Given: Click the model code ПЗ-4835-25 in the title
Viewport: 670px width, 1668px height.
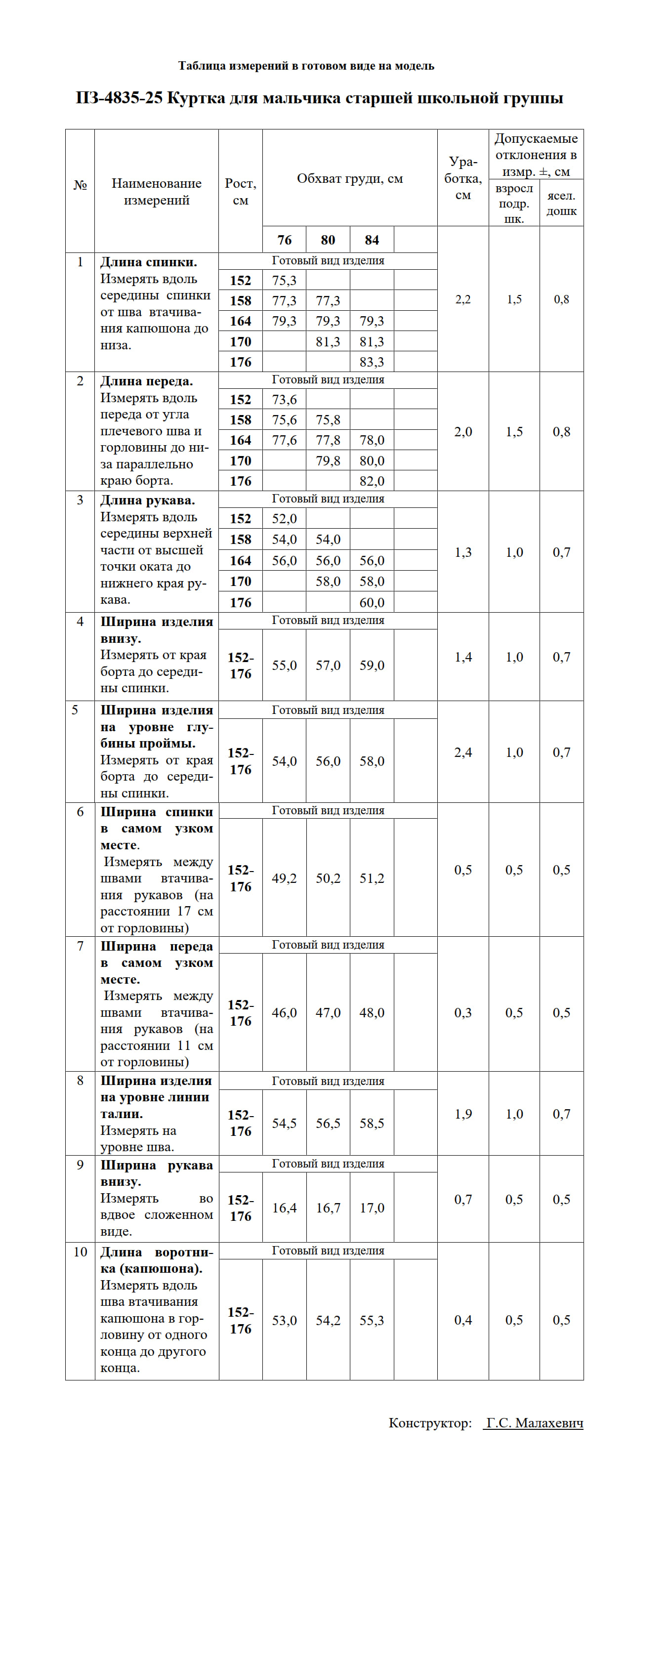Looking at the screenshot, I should point(119,98).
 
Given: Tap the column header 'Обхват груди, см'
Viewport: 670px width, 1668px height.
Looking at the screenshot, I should point(349,179).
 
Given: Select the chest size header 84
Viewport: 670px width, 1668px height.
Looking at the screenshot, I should point(372,240).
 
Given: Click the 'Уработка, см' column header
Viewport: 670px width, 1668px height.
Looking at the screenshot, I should point(463,178).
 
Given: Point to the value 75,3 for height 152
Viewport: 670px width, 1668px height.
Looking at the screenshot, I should point(284,280).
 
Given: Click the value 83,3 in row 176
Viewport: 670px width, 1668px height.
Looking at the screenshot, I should point(372,362).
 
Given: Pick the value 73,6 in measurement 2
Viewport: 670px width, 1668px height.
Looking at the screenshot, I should point(284,400).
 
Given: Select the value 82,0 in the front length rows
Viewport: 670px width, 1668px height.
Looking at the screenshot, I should point(372,481).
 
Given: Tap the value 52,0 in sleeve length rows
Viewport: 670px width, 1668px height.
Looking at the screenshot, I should point(284,519).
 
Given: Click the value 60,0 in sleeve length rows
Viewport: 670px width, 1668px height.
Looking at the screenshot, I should point(372,603).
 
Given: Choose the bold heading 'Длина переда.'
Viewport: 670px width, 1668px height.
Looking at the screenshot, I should point(146,381).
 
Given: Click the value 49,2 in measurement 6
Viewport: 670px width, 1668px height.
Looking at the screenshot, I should point(284,878).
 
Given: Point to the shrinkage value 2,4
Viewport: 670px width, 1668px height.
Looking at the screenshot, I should point(463,752).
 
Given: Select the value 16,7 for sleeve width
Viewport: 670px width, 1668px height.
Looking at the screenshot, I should point(328,1209).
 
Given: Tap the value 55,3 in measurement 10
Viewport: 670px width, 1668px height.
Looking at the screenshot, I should point(372,1321).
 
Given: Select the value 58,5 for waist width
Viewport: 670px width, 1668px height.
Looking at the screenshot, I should point(372,1124).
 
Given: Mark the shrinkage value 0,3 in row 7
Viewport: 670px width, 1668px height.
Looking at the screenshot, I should point(463,1013).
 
